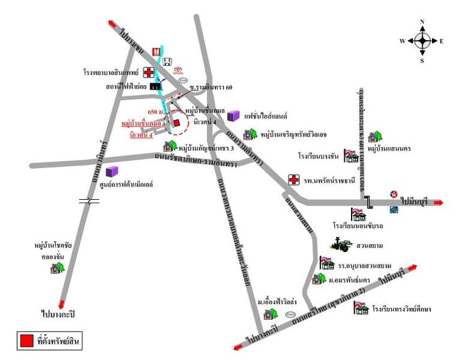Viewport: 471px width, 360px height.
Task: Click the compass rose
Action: pos(422,41)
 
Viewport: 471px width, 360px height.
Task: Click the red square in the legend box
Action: pos(26,341)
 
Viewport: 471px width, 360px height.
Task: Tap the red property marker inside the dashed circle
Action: pos(177,123)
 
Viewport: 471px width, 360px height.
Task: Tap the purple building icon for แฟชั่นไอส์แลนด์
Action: pos(234,116)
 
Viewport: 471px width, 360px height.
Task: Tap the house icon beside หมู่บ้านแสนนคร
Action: pos(376,136)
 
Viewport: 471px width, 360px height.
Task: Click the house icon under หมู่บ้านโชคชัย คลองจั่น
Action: pos(57,267)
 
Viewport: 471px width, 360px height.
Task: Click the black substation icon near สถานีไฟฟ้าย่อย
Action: pos(155,86)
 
